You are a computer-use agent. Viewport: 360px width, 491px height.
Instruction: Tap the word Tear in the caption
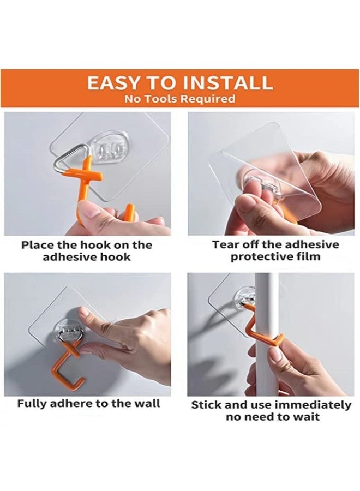[x=224, y=245]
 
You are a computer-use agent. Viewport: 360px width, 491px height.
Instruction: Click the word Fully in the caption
[x=33, y=404]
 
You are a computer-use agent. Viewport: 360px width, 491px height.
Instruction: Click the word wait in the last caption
[x=307, y=417]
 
